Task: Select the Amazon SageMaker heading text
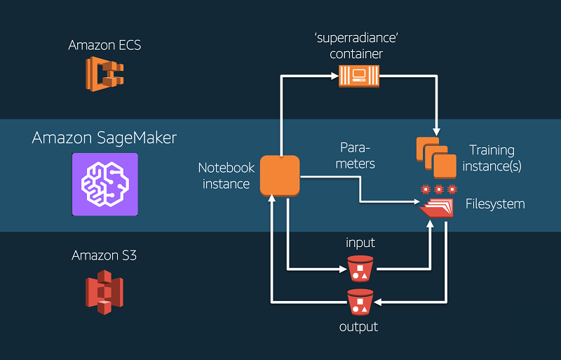pyautogui.click(x=104, y=138)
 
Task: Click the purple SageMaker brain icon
pyautogui.click(x=104, y=184)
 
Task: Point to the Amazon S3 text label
pyautogui.click(x=104, y=255)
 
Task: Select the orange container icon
pyautogui.click(x=358, y=75)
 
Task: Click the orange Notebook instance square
pyautogui.click(x=280, y=175)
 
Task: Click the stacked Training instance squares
pyautogui.click(x=436, y=157)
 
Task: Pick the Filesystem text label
pyautogui.click(x=495, y=204)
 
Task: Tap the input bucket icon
pyautogui.click(x=360, y=267)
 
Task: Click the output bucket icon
pyautogui.click(x=360, y=302)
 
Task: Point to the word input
pyautogui.click(x=360, y=243)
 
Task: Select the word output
pyautogui.click(x=359, y=327)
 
